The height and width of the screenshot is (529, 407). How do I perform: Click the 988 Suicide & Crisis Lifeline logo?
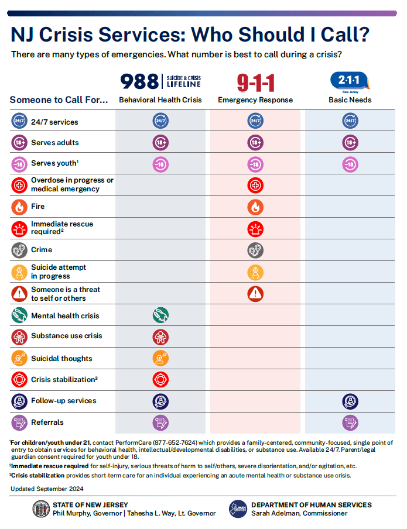160,81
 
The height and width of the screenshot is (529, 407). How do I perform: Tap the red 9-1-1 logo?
255,83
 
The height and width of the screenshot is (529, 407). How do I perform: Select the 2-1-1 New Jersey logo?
350,81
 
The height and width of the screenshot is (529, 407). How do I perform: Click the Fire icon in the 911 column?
255,207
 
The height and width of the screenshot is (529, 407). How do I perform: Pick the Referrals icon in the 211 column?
350,422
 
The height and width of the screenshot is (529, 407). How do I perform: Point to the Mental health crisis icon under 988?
160,315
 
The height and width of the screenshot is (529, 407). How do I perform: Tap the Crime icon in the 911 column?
255,250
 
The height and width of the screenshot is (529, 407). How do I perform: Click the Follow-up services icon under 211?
350,401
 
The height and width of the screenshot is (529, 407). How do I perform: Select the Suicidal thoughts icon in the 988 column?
160,358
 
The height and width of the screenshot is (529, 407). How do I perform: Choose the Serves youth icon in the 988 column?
160,164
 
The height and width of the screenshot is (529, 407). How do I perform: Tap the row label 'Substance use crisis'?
66,336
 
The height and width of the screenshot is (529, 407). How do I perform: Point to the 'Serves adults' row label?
54,143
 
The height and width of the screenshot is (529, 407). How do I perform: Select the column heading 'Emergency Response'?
255,100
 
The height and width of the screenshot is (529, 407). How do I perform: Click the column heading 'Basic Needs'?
350,100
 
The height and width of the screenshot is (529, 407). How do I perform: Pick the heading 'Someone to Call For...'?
59,100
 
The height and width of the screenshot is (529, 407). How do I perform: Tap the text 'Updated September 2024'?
46,489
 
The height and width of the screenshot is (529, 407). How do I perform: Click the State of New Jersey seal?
41,509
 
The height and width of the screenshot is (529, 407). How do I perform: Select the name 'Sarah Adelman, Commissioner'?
299,513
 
